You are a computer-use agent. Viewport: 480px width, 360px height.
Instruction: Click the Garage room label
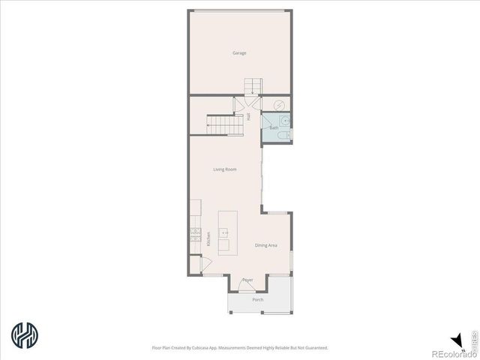coord(239,53)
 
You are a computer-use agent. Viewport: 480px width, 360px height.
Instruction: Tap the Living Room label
coord(225,169)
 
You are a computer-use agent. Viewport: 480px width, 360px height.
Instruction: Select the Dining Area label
coord(266,245)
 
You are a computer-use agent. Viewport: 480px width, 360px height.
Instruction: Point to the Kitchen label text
coord(208,239)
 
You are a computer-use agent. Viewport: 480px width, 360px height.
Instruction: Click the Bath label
coord(274,128)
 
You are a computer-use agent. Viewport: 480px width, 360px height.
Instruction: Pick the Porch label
coord(257,300)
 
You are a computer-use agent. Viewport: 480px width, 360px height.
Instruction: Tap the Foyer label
coord(247,280)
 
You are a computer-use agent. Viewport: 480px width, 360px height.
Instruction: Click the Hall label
coord(249,116)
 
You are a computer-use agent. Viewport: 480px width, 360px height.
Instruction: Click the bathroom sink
coord(286,119)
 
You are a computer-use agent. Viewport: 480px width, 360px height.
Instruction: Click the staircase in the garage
coord(252,85)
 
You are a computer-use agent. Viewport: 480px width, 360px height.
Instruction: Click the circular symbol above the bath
coord(279,105)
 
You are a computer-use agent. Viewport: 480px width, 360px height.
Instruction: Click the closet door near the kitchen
coord(196,264)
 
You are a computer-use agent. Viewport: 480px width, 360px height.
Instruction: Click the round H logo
coord(25,335)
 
